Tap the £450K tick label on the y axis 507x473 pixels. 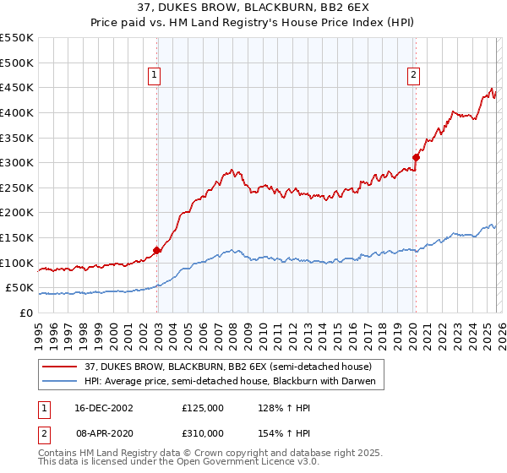pos(17,87)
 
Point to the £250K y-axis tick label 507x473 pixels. pos(17,188)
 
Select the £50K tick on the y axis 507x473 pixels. pos(20,288)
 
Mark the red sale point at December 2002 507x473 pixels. pos(157,250)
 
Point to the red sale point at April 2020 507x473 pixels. pos(416,156)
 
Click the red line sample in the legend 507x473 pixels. pos(60,367)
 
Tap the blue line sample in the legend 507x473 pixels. pos(60,382)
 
